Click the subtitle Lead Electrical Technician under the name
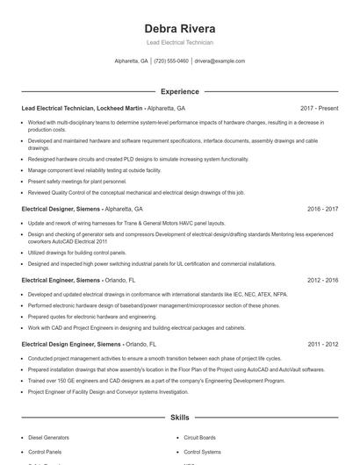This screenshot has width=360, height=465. (179, 42)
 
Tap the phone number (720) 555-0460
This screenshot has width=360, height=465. (171, 61)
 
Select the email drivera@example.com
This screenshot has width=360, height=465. (220, 61)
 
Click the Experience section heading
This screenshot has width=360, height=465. (179, 91)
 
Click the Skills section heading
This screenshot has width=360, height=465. (179, 418)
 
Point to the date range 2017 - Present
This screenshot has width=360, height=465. (319, 108)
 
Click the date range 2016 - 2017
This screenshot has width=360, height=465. (322, 210)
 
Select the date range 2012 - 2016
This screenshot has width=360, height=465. (322, 280)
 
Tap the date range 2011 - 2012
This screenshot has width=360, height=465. (322, 345)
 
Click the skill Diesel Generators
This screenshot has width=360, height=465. (49, 436)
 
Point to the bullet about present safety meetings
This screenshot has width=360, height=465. (77, 180)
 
